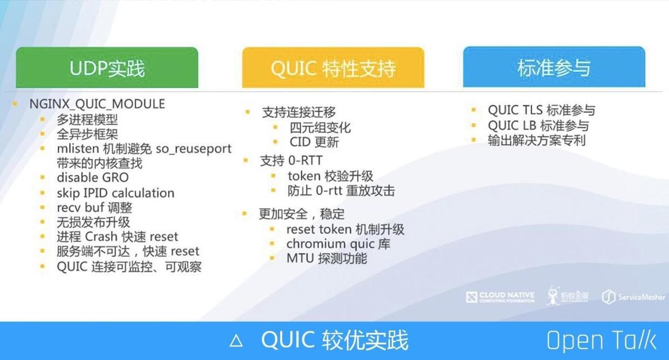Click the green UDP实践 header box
107,69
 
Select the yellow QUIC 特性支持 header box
333,69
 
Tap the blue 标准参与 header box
554,68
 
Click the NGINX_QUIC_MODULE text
97,104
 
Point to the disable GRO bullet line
93,178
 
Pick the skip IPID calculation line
115,193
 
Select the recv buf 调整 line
94,207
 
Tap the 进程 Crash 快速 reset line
117,236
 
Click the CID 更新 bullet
314,142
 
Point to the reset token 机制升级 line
345,229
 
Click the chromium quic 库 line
338,244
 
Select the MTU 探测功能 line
327,259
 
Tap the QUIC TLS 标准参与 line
541,111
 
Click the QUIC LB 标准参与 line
538,126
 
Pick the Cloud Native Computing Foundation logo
500,297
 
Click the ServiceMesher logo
633,297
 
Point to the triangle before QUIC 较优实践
236,341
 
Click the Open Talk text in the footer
601,341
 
